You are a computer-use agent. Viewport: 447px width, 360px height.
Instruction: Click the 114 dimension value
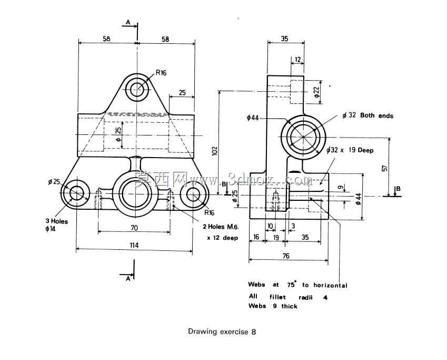[134, 245]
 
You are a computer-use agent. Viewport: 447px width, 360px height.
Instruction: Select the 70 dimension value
[134, 228]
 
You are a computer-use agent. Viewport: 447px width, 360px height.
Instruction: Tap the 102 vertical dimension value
[215, 151]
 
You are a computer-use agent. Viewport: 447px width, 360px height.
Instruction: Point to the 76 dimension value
[286, 256]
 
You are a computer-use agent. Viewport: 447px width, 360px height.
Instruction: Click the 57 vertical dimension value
[384, 169]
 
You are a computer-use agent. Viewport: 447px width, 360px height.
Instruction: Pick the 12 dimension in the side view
[297, 60]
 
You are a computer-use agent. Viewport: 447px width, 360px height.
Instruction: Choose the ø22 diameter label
[317, 92]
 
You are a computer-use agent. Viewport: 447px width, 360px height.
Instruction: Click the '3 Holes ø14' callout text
[57, 225]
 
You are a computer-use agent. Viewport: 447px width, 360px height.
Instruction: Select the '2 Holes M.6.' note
[221, 227]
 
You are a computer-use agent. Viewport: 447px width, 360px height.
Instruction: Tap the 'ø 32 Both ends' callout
[367, 115]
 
